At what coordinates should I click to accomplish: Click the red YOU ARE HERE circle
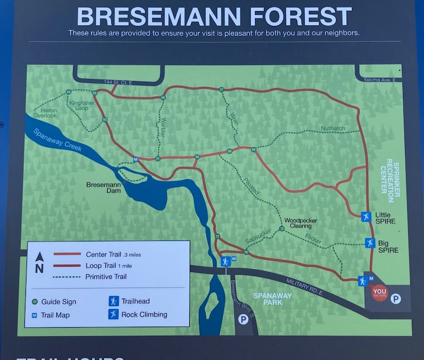pos(379,292)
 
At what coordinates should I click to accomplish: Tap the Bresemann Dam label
pos(104,187)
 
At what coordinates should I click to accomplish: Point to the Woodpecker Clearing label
pos(301,223)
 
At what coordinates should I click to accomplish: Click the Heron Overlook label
pos(45,113)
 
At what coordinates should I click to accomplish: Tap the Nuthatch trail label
pos(333,128)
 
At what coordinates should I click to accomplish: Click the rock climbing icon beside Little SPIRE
pos(365,215)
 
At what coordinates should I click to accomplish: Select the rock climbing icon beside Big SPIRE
pos(370,243)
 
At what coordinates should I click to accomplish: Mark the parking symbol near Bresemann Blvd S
pos(243,319)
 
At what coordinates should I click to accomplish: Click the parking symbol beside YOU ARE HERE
pos(395,299)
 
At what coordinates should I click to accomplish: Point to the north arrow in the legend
pos(39,262)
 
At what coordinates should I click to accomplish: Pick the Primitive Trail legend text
pos(105,276)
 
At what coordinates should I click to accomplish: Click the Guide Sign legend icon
pos(34,302)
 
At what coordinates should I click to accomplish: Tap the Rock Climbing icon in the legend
pos(113,314)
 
